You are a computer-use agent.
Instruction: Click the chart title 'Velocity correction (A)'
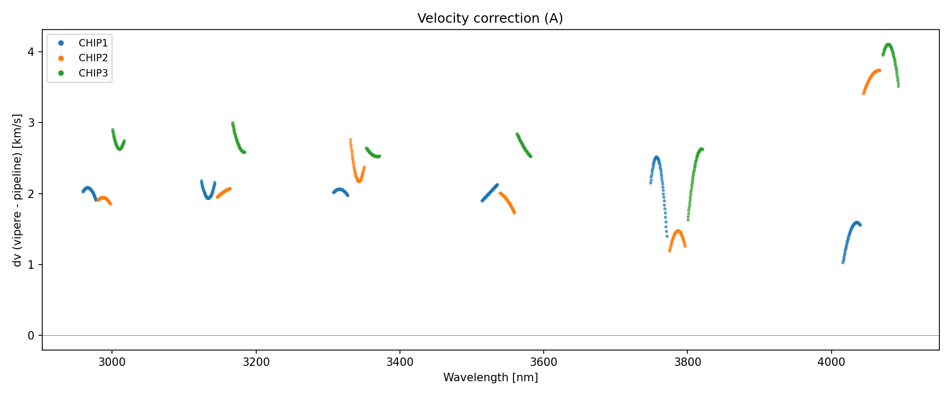tap(490, 18)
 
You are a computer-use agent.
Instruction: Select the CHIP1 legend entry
tap(93, 43)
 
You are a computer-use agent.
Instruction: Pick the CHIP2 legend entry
tap(93, 58)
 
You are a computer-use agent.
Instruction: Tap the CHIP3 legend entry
tap(93, 73)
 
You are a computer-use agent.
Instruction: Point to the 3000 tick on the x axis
tap(112, 362)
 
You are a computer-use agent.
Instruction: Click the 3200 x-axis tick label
tap(256, 362)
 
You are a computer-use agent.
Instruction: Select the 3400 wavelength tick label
tap(400, 362)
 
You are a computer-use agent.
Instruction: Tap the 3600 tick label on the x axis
tap(544, 362)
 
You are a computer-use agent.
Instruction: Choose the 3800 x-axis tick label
tap(687, 362)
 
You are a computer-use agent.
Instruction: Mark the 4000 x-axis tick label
tap(832, 362)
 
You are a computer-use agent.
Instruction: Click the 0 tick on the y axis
tap(31, 336)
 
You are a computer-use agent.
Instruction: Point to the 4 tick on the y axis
tap(31, 52)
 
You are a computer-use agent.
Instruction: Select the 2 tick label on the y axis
tap(31, 194)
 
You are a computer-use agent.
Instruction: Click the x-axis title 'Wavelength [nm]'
tap(490, 378)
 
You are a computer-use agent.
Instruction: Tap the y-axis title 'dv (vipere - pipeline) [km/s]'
tap(17, 190)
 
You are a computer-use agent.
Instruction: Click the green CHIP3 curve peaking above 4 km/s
tap(889, 45)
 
